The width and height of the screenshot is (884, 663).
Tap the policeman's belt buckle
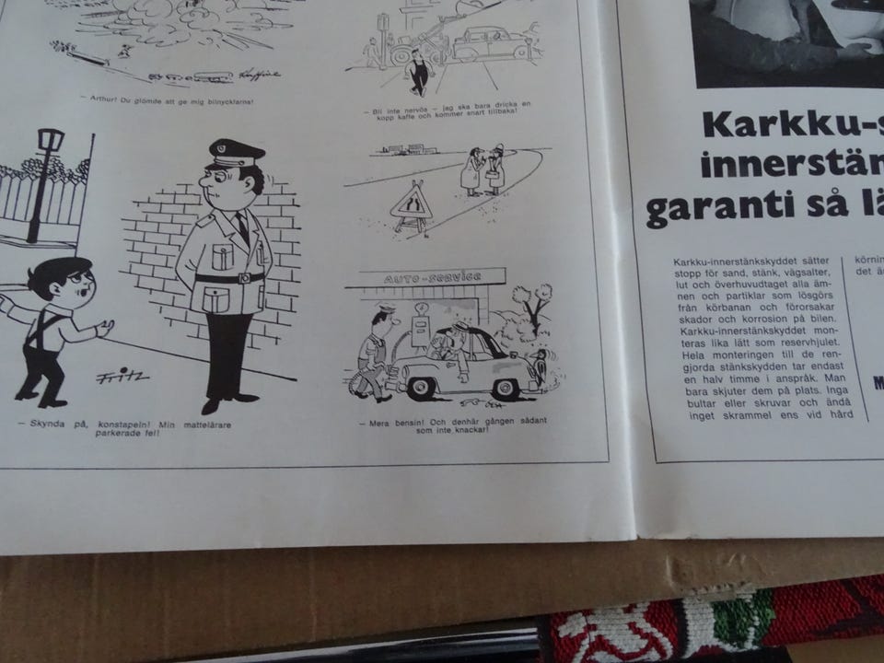tap(245, 277)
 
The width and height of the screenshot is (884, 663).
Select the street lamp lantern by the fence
tap(49, 145)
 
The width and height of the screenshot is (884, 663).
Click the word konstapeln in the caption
tap(120, 424)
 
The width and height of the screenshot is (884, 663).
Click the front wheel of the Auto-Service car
tap(422, 387)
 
